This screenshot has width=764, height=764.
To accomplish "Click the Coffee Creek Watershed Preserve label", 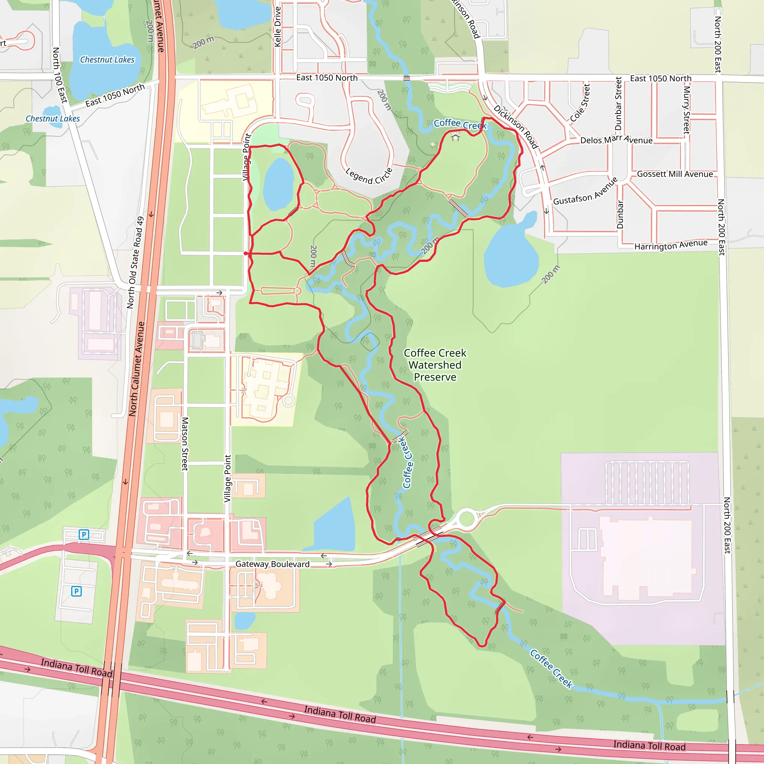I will [435, 364].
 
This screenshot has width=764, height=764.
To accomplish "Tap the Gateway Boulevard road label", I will [272, 564].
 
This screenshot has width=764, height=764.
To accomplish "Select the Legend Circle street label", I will [369, 176].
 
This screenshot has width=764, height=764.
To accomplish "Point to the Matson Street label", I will [185, 444].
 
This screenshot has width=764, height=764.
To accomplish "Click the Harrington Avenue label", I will [671, 245].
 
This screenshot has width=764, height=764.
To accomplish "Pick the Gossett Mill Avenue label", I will [674, 174].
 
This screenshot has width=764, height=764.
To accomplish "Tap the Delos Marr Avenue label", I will [616, 140].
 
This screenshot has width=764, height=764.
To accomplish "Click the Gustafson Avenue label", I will [585, 191].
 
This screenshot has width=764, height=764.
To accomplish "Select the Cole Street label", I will [580, 103].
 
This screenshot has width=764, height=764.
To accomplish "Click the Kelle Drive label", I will [278, 27].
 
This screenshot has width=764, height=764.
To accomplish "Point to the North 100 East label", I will [60, 75].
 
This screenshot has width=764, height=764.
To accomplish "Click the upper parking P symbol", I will [84, 535].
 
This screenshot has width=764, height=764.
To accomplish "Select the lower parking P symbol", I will [76, 591].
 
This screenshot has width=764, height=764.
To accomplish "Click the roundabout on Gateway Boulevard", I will [467, 519].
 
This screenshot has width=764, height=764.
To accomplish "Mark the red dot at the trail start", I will [245, 253].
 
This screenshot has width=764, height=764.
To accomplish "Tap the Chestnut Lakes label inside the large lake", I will [107, 60].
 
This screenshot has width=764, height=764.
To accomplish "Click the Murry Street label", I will [687, 110].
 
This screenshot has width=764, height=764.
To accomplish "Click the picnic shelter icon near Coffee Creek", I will [455, 137].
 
